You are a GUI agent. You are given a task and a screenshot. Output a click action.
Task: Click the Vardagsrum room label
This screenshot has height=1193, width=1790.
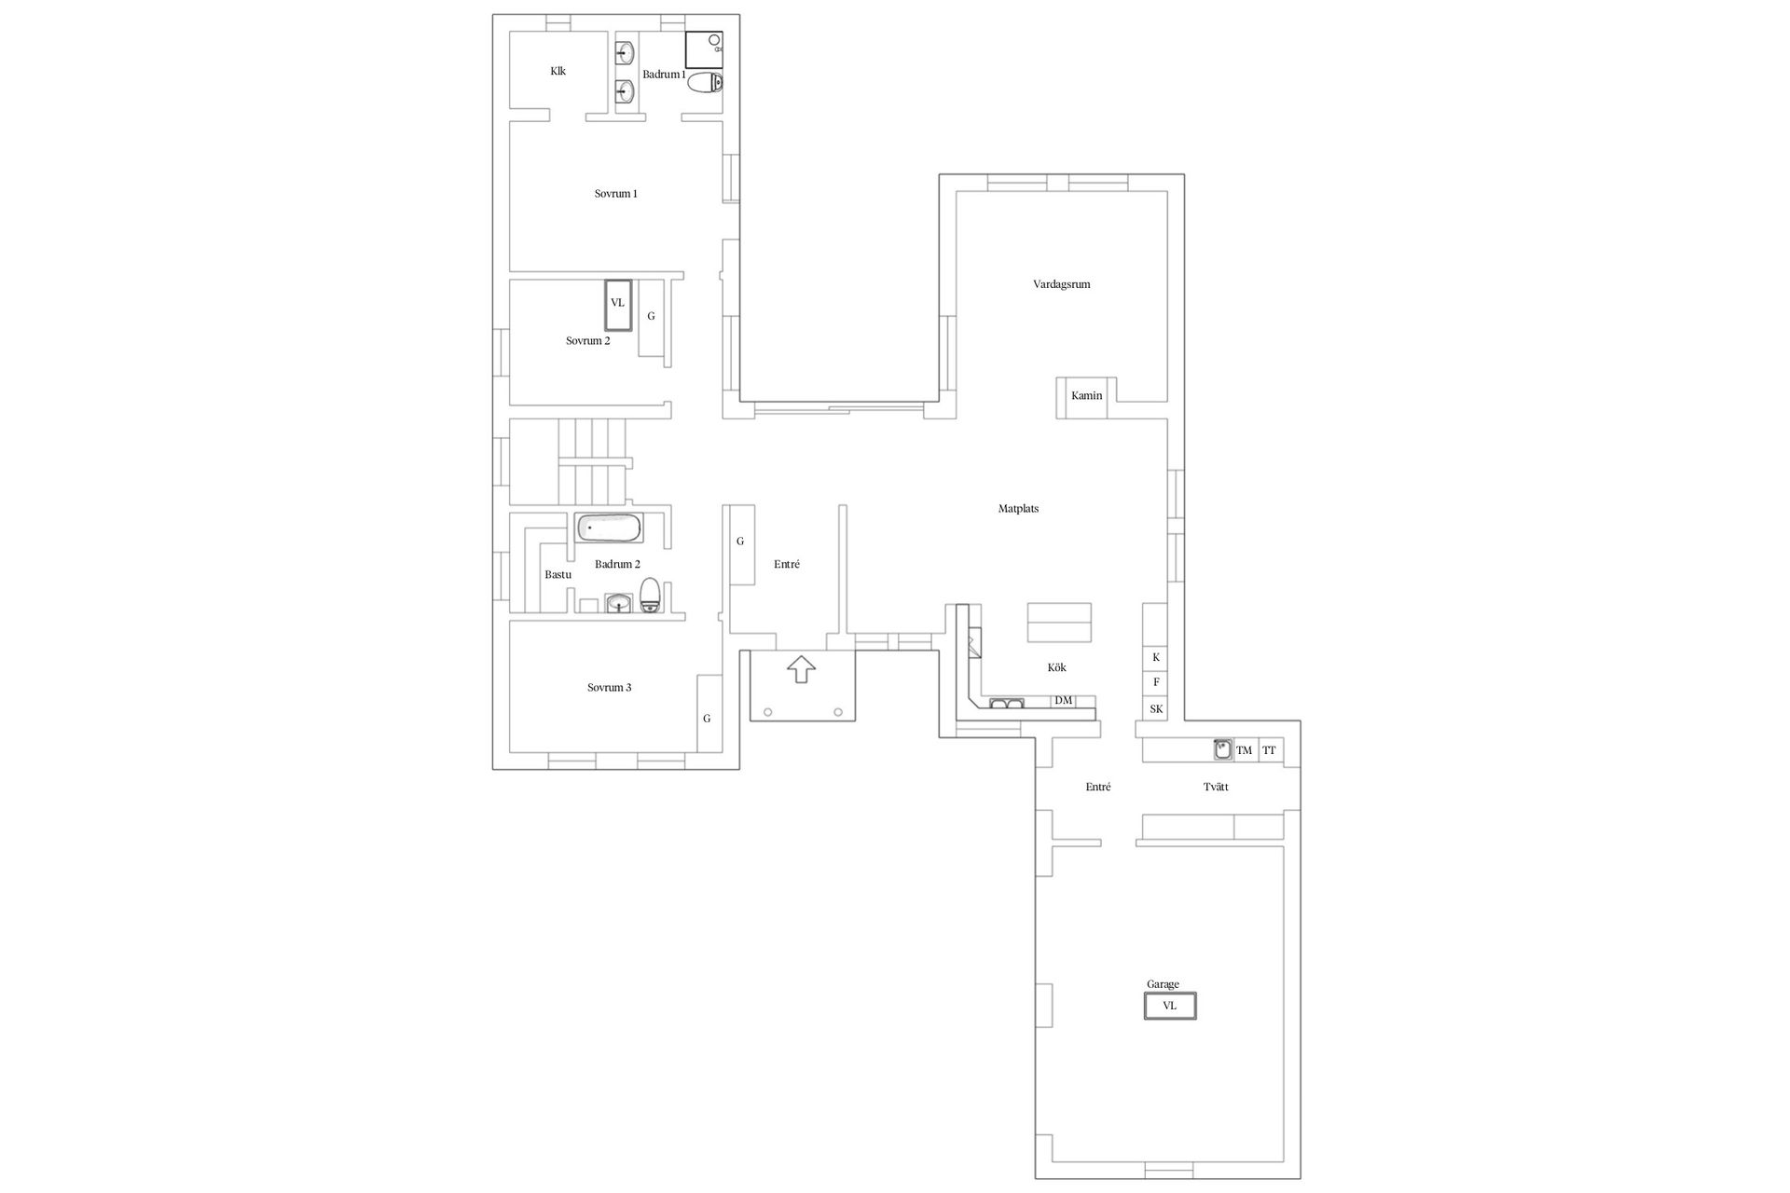pos(1061,284)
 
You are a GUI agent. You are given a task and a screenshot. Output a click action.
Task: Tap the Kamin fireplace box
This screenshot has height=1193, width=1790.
pos(1087,397)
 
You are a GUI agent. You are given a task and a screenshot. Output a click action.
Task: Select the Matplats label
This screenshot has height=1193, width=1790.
pos(1018,509)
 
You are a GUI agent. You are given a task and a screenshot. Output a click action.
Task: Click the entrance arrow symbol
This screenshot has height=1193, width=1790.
pos(801,669)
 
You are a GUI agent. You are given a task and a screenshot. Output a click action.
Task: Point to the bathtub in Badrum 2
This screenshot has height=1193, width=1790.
pos(609,528)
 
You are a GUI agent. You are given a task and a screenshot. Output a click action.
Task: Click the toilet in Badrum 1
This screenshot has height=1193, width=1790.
pos(705,83)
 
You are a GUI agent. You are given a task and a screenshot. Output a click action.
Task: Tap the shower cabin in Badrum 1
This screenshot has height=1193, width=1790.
pos(704,49)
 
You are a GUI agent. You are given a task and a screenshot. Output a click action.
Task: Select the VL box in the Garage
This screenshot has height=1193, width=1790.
pos(1170,1006)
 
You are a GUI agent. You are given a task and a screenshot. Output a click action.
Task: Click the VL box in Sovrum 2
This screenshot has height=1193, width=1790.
pos(617,304)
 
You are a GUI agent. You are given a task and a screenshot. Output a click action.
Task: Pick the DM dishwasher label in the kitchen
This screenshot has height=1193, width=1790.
pos(1063,701)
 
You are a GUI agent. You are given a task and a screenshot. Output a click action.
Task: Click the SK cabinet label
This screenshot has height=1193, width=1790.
pos(1156,709)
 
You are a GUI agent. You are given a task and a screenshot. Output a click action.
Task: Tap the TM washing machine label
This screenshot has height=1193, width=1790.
pos(1244,750)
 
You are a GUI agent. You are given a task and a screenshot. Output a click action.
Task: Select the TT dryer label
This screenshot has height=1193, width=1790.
pos(1269,750)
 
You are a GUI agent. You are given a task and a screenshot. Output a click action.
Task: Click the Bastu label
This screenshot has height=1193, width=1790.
pos(558,575)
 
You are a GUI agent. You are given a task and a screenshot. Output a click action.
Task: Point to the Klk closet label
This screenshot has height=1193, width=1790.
pos(558,71)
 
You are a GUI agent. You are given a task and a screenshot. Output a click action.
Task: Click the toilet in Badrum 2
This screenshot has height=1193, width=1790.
pos(651,595)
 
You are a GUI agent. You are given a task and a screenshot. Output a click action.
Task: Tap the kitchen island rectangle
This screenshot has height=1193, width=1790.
pos(1059,623)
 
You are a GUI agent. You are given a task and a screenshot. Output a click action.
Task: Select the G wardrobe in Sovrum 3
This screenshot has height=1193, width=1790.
pos(709,713)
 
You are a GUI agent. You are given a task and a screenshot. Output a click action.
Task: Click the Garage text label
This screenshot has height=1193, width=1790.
pos(1163,984)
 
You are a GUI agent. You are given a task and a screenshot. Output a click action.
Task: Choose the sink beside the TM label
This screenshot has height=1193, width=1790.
pos(1222,749)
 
